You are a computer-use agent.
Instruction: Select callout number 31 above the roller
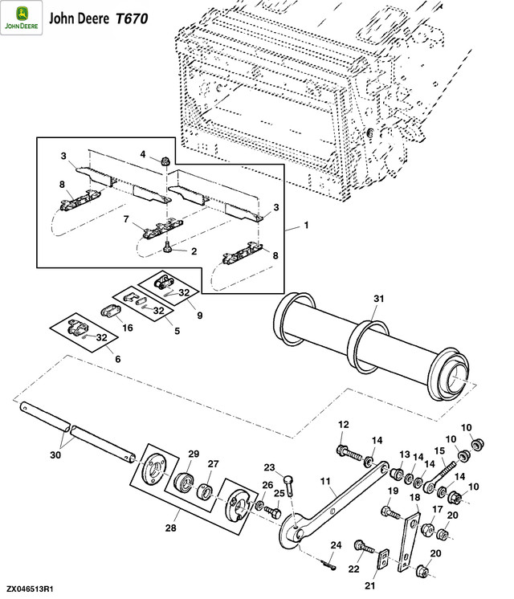(x=379, y=299)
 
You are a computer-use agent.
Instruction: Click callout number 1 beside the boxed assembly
(x=306, y=227)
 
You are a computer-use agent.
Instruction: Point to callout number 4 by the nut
(x=144, y=154)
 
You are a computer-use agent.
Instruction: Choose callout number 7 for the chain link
(x=126, y=218)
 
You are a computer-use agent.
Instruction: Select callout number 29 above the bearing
(x=193, y=455)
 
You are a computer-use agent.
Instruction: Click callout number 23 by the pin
(x=270, y=467)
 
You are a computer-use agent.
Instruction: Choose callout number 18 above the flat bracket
(x=416, y=498)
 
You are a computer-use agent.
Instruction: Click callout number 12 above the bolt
(x=343, y=425)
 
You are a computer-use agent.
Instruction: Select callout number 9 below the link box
(x=200, y=316)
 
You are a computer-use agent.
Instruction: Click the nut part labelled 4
(x=163, y=160)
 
